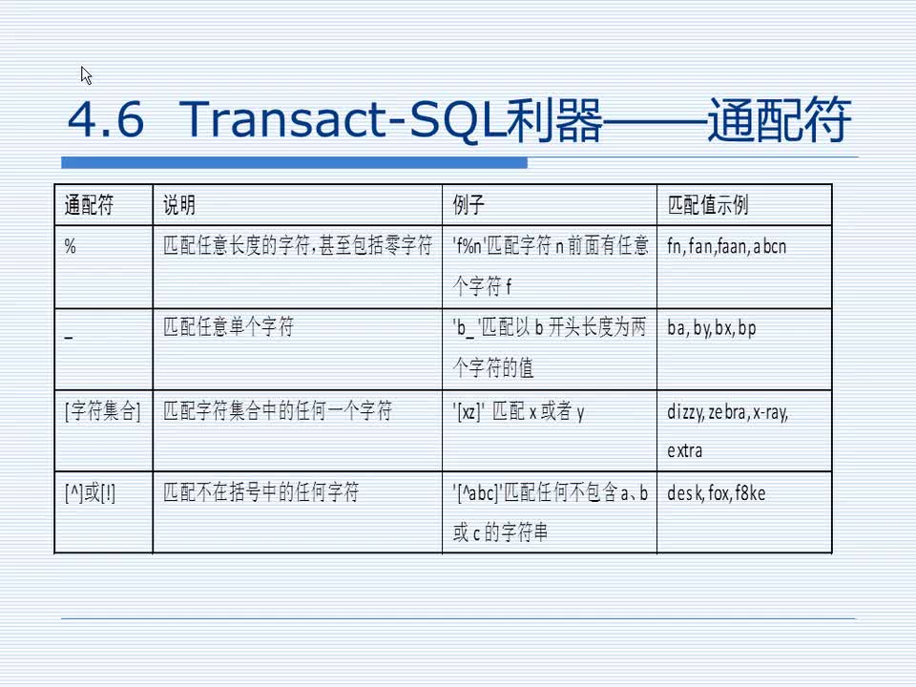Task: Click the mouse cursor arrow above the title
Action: click(x=86, y=75)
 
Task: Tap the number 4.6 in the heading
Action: click(x=106, y=122)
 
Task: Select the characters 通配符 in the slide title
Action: click(x=779, y=122)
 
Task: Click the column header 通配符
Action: click(x=89, y=205)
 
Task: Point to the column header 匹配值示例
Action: click(x=708, y=205)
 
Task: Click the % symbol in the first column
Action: click(x=70, y=246)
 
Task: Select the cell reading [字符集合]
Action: click(x=103, y=411)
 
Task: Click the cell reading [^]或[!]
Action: click(x=90, y=493)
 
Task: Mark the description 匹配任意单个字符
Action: click(x=228, y=327)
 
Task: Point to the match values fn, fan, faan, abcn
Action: click(x=727, y=246)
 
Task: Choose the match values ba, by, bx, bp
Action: click(x=712, y=328)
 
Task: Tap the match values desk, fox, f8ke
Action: click(x=717, y=493)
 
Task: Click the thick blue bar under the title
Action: click(x=295, y=162)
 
